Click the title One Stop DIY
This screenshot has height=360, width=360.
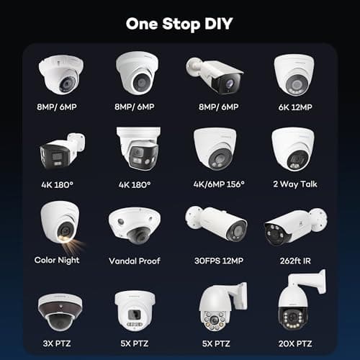179,23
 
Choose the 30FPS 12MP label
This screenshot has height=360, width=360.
215,260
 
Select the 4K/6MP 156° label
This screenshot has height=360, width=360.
215,184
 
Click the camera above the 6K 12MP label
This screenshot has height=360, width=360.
293,75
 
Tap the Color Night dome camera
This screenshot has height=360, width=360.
60,223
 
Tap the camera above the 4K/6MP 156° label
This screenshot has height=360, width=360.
214,150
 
